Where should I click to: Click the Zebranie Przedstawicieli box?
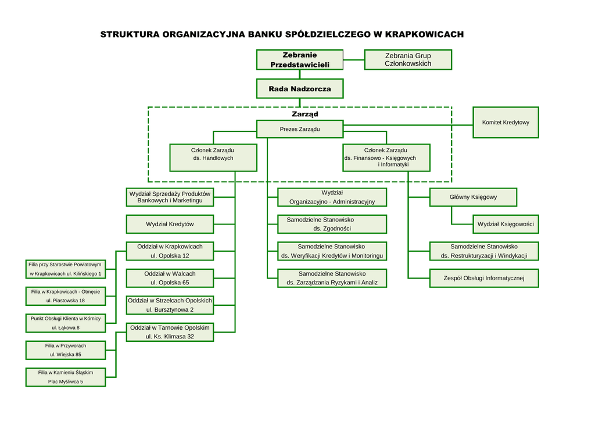300,60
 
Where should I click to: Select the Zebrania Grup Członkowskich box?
408,60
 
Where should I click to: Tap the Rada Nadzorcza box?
300,89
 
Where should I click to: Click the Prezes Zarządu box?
300,129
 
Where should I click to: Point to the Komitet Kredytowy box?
506,123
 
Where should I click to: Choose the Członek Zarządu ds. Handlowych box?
213,158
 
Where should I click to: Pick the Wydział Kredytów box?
170,224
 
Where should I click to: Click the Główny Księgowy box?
473,197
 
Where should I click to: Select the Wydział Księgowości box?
505,224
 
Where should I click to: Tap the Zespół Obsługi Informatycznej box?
483,279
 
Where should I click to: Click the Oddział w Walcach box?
170,278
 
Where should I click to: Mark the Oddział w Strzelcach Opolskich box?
170,305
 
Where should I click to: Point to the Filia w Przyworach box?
66,350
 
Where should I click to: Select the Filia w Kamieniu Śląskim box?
66,377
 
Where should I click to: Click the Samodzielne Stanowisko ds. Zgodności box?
332,224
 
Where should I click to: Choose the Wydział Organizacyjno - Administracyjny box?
332,197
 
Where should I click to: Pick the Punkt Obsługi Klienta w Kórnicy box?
66,323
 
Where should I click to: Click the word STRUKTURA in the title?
130,34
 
